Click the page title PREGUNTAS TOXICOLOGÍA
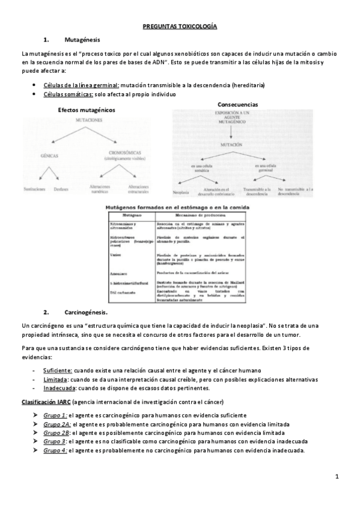click(180, 27)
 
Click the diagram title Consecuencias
click(238, 104)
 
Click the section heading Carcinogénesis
click(86, 312)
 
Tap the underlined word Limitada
click(56, 379)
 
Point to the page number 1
click(337, 477)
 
